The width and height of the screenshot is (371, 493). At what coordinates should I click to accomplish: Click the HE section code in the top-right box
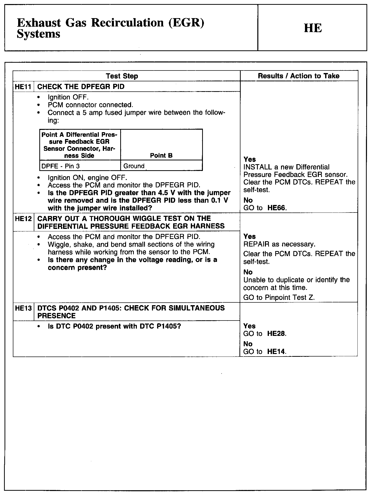[313, 28]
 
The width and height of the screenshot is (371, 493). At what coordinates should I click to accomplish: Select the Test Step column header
[122, 76]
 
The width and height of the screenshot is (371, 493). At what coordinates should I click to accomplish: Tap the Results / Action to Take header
[299, 76]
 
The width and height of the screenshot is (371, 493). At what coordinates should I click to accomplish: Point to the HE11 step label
[23, 87]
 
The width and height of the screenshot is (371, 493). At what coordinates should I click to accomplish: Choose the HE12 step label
[23, 219]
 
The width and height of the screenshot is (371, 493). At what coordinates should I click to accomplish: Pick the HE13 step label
[23, 308]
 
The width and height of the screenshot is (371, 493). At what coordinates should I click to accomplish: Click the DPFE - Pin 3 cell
[60, 166]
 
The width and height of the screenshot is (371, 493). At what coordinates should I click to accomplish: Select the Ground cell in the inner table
[134, 166]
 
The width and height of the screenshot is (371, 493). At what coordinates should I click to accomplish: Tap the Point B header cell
[161, 156]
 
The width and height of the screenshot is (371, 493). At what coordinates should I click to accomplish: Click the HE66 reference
[276, 208]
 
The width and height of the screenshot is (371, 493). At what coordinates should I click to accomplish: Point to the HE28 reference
[276, 334]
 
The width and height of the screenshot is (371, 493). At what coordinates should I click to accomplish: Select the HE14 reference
[276, 352]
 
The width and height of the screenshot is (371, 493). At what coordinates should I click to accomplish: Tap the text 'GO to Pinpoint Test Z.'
[279, 298]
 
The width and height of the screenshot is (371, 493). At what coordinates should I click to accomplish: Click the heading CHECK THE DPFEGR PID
[81, 87]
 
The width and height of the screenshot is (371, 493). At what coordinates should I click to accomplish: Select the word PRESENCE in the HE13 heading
[56, 316]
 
